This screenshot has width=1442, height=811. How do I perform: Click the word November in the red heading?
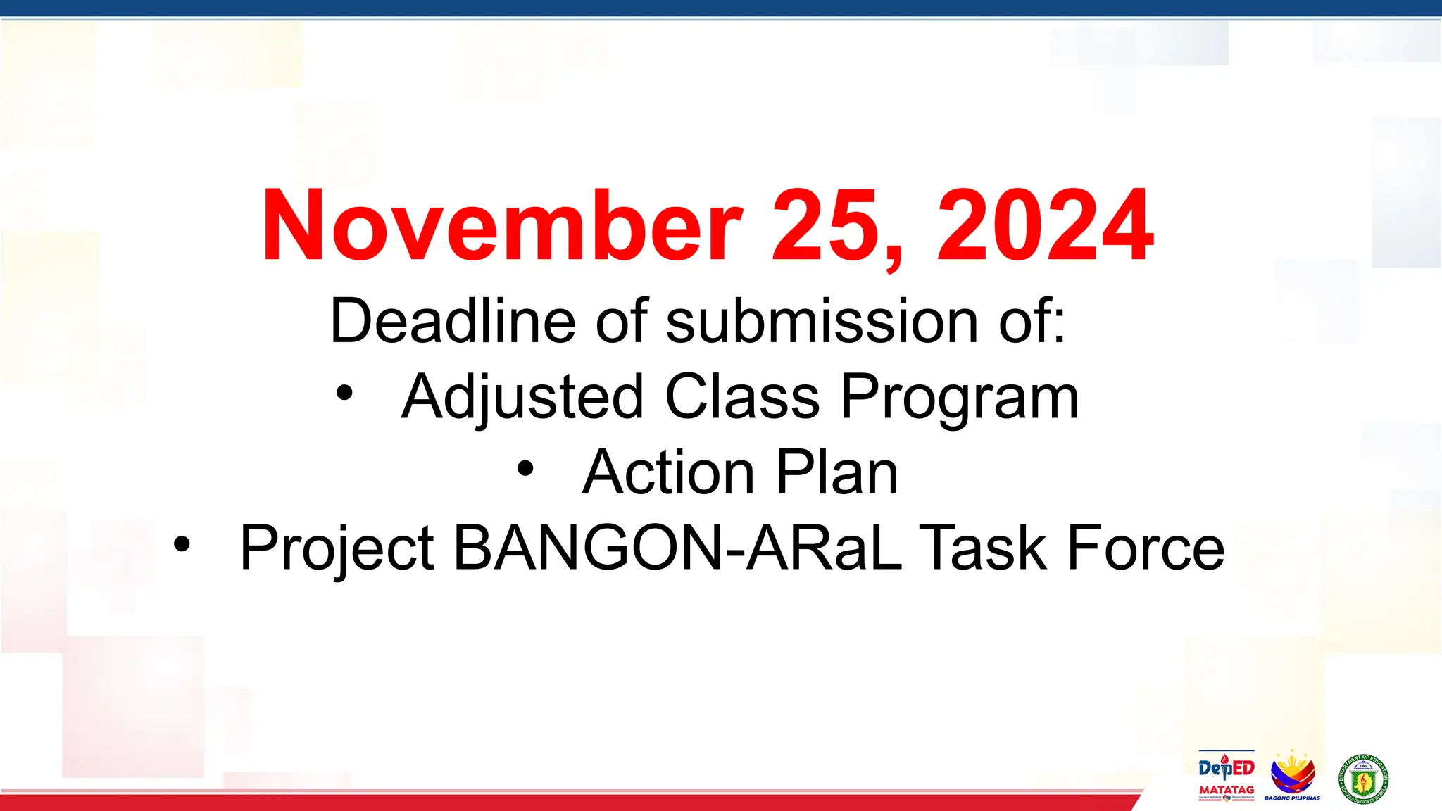click(501, 227)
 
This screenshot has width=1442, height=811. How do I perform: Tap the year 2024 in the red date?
click(1045, 227)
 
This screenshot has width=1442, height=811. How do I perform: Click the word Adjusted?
click(522, 398)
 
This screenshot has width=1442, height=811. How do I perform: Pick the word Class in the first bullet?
click(742, 398)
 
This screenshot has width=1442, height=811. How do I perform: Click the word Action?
click(668, 473)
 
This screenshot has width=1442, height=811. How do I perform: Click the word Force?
click(1146, 548)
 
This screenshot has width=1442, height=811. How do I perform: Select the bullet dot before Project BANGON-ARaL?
click(182, 544)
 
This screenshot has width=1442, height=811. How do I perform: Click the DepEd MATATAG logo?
click(1226, 775)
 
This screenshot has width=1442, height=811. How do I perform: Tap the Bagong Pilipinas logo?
click(1292, 775)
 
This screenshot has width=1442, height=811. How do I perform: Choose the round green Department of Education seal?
click(1363, 779)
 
